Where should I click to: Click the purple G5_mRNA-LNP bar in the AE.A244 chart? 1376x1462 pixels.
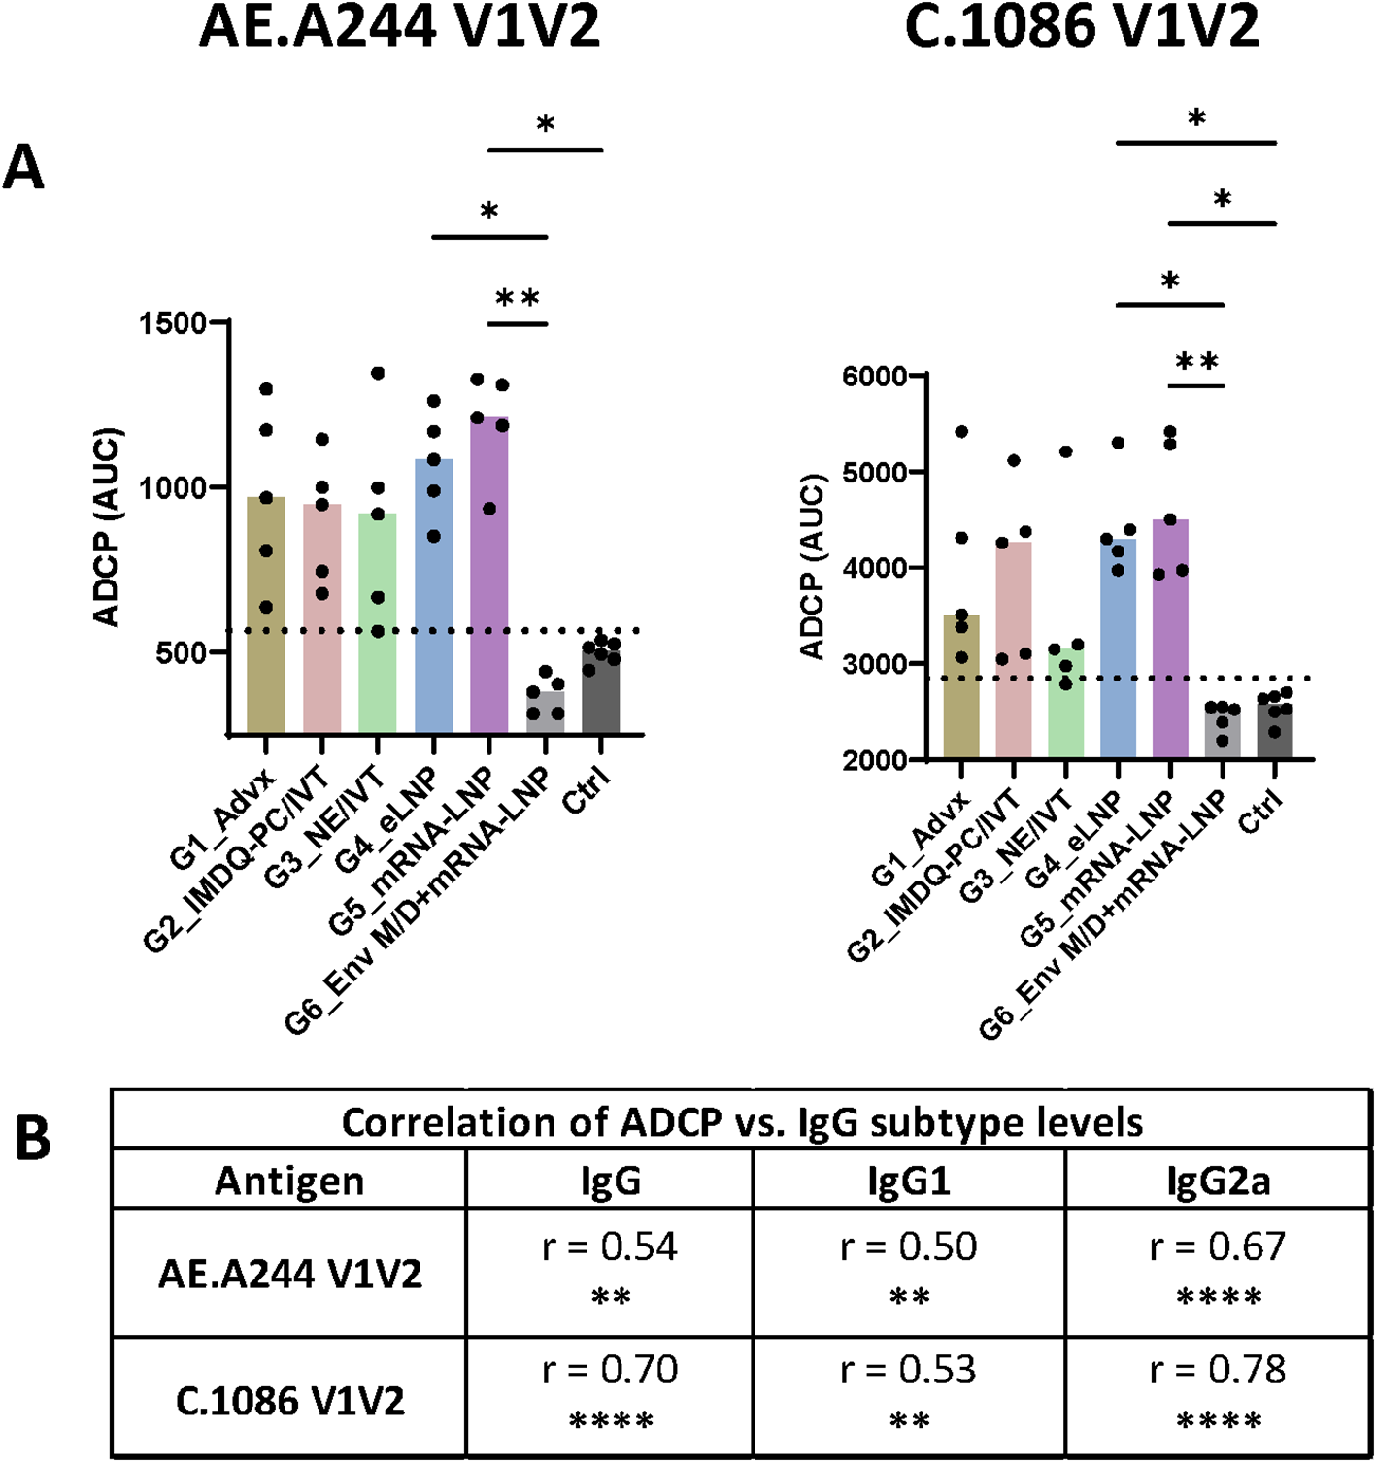(x=489, y=582)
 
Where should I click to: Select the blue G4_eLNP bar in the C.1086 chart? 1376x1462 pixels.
(x=1118, y=650)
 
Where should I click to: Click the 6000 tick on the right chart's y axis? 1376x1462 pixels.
(x=874, y=376)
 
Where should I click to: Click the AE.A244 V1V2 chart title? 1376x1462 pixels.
(x=399, y=27)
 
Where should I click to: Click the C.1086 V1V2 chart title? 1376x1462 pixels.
(x=1082, y=27)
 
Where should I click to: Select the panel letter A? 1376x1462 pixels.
(x=24, y=168)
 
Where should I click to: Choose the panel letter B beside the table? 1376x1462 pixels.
(x=34, y=1139)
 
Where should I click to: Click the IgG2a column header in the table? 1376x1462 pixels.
(x=1218, y=1180)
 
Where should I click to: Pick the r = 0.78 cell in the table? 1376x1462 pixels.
(x=1218, y=1370)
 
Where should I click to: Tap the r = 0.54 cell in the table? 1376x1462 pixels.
(x=610, y=1246)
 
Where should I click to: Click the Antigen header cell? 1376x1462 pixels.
(x=289, y=1180)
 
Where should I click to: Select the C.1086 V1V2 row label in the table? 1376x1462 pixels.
(x=289, y=1401)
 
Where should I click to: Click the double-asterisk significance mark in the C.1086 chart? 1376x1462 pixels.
(x=1196, y=363)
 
